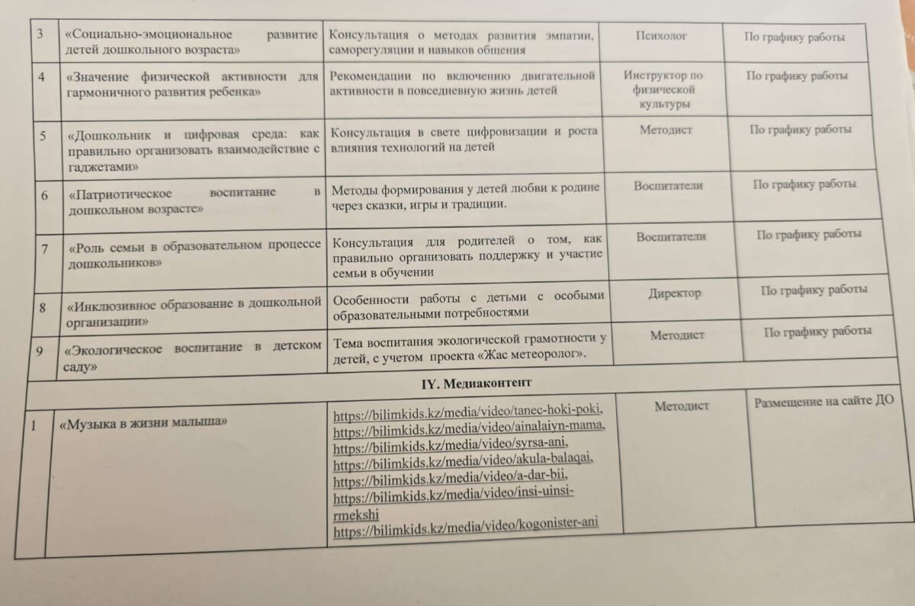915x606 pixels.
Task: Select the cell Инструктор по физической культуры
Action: point(663,89)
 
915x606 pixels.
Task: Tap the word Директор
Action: point(675,293)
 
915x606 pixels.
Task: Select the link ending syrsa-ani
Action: point(451,444)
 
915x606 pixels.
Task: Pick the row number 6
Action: point(45,195)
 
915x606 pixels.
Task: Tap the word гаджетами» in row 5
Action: point(103,165)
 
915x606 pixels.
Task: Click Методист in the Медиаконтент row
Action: point(681,407)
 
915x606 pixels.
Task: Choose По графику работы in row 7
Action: point(809,234)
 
